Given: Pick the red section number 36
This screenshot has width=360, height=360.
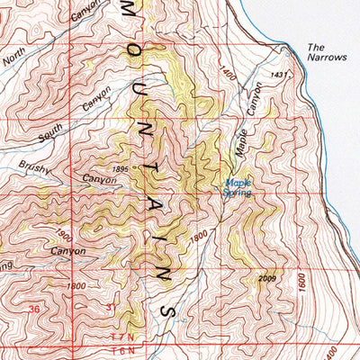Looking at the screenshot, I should pyautogui.click(x=34, y=308).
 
